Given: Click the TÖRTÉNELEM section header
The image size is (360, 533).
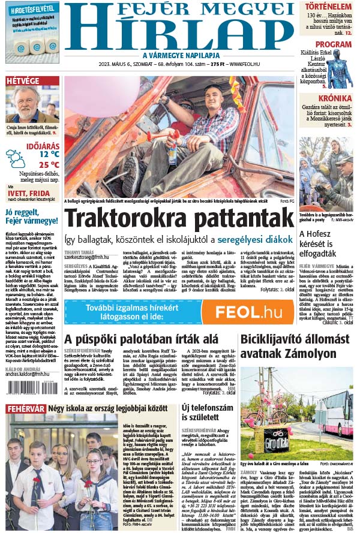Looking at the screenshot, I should pos(326,8).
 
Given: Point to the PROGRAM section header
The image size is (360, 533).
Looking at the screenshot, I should pos(333,44).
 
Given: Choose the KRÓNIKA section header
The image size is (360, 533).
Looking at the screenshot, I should pos(335,98).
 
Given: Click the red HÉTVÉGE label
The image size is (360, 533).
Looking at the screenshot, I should pos(23,81).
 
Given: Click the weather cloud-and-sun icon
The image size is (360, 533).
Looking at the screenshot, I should pos(16,158).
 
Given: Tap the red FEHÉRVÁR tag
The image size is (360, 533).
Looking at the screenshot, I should pos(25,408).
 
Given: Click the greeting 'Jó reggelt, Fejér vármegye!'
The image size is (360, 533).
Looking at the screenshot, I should pos(31,216).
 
